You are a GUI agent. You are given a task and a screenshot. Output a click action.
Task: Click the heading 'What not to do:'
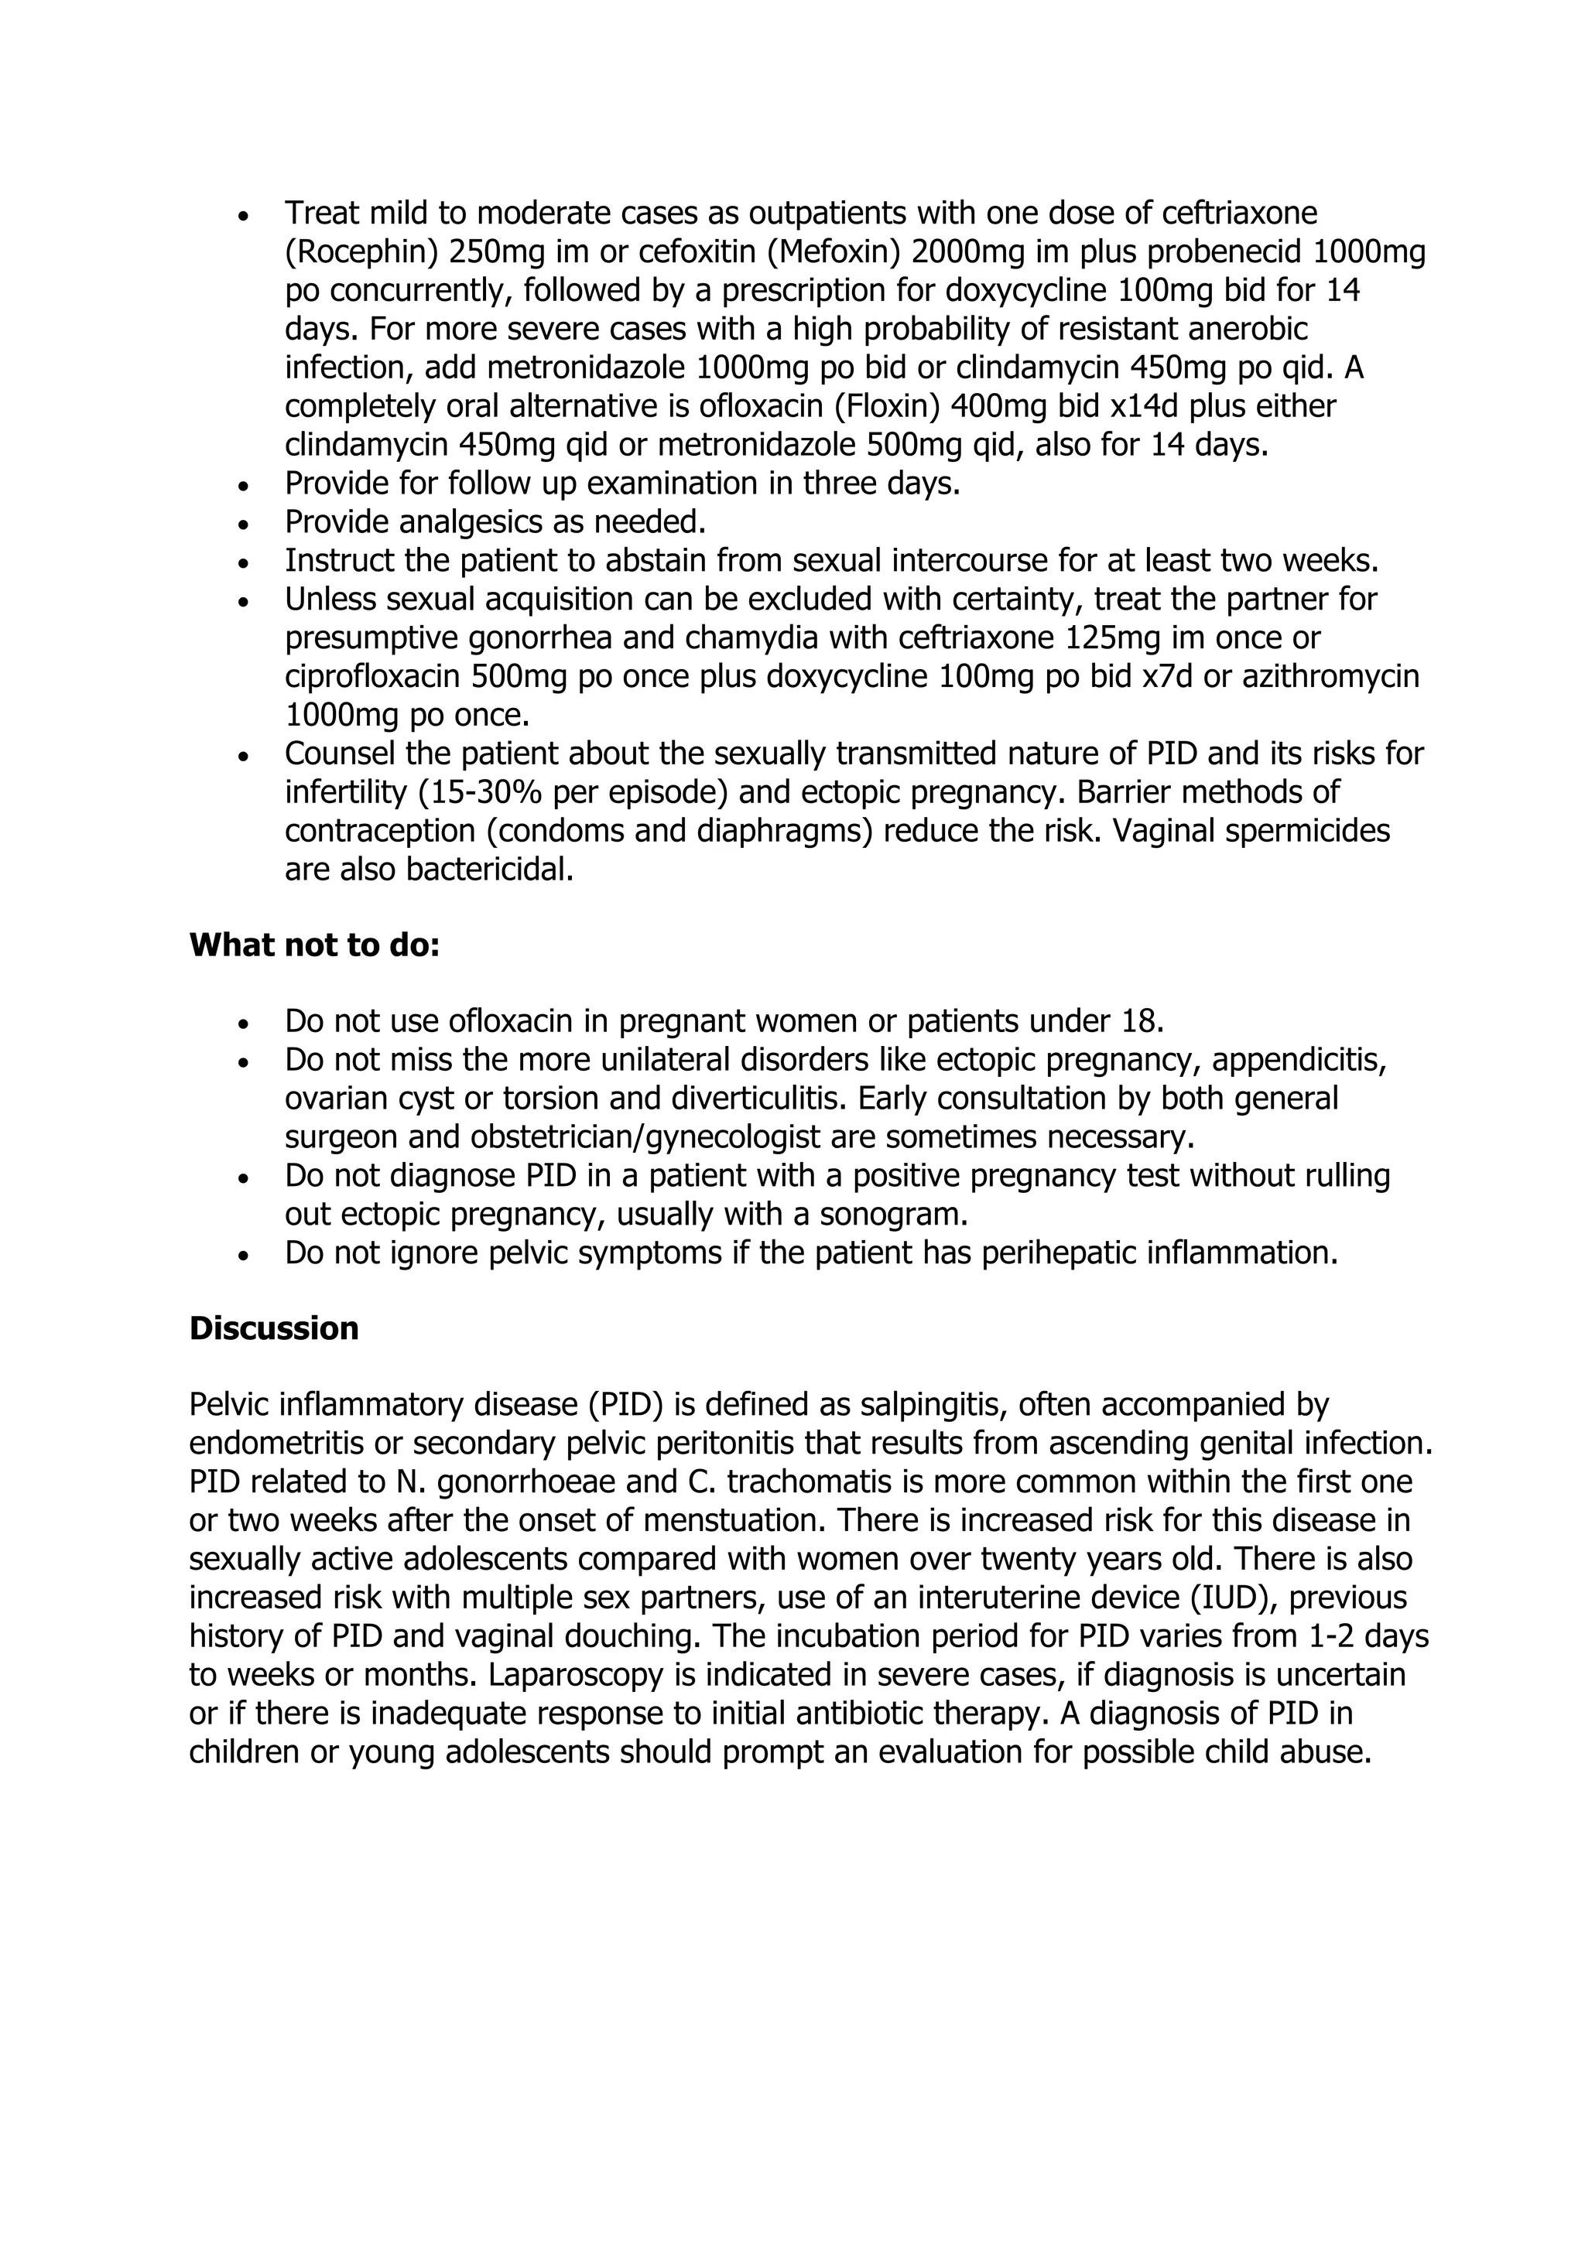[313, 945]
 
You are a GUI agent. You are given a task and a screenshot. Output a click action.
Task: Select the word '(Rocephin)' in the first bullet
[361, 253]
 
